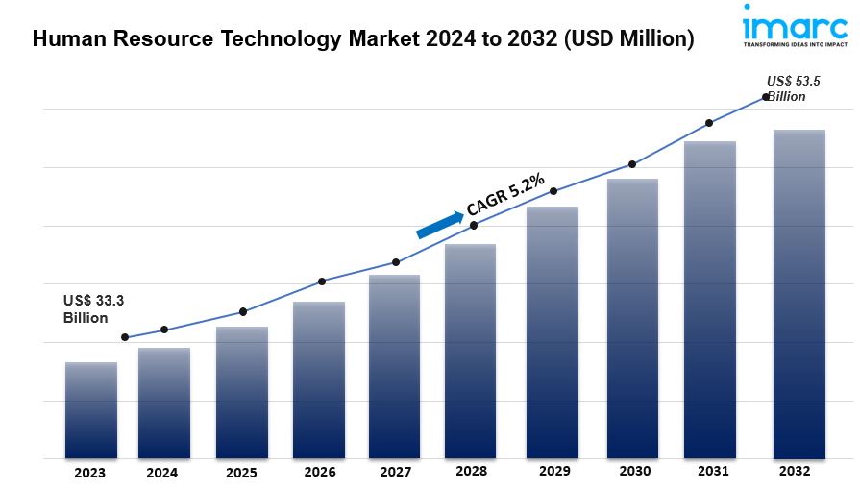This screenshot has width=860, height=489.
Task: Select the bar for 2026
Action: [319, 379]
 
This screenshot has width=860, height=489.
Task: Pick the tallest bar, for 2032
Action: [799, 293]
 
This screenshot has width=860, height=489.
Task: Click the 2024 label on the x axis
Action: [162, 473]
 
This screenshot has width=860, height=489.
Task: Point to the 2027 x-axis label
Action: [395, 473]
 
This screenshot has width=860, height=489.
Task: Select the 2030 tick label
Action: [634, 472]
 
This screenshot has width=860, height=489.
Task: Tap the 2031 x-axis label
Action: [712, 472]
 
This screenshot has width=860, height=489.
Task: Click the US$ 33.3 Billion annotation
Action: [94, 309]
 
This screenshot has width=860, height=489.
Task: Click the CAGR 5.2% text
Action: [505, 194]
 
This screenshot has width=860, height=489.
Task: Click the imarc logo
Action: [795, 26]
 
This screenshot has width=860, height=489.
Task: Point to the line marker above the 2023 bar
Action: [125, 337]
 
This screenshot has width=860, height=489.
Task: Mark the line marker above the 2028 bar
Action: [474, 225]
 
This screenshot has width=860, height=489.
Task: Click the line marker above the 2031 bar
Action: [709, 123]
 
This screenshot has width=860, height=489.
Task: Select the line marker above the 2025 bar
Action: [243, 311]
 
